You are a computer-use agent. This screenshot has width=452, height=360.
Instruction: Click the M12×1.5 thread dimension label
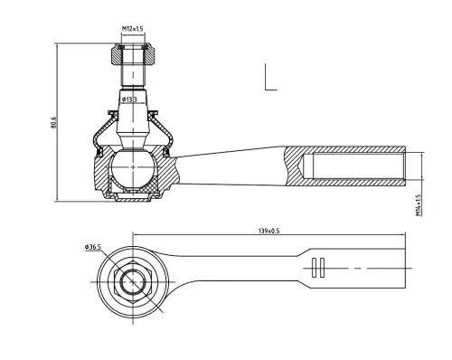(133, 29)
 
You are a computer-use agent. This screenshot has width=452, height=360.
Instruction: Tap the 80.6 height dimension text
(53, 122)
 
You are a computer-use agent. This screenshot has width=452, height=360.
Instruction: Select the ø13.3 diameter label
(129, 99)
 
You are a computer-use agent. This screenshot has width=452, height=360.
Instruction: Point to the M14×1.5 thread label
(418, 205)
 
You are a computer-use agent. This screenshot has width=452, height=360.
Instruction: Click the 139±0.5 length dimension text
(269, 231)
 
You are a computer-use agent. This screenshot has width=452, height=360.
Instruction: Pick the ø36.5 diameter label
(92, 247)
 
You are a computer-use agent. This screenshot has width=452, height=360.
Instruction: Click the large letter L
(270, 77)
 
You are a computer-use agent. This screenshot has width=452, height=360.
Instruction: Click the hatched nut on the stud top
(133, 54)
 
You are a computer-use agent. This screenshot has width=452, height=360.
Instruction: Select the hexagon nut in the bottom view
(133, 282)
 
